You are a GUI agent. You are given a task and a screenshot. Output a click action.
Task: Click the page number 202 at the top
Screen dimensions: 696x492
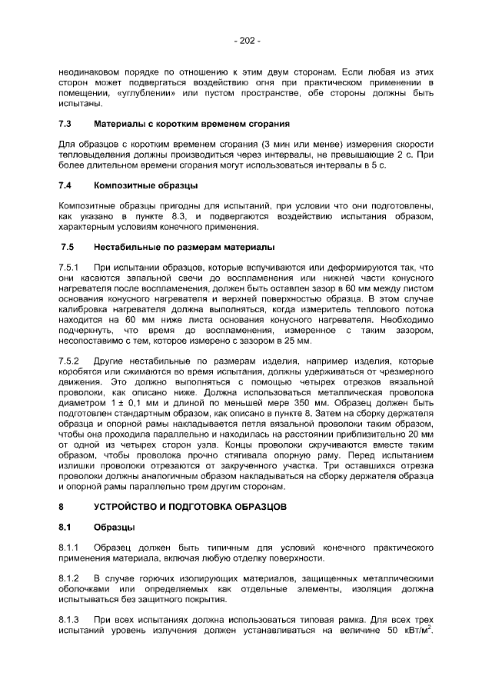click(247, 40)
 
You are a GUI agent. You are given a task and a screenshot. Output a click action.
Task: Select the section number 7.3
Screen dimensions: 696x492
click(65, 124)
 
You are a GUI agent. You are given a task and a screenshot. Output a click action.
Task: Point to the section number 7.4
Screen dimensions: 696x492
click(65, 185)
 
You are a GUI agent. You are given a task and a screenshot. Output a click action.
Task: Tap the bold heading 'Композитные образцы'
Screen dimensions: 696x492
click(145, 185)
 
